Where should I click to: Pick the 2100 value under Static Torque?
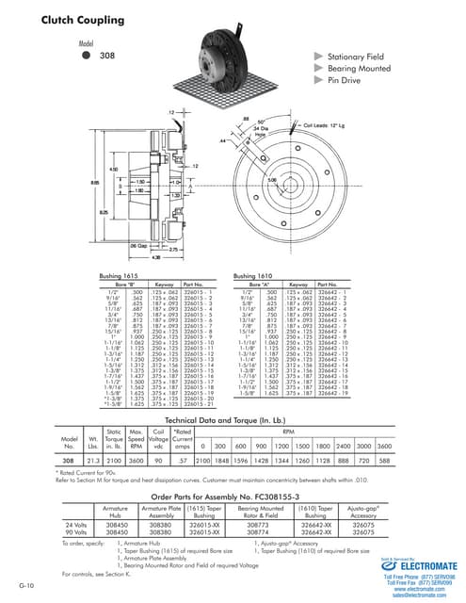click(116, 460)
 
